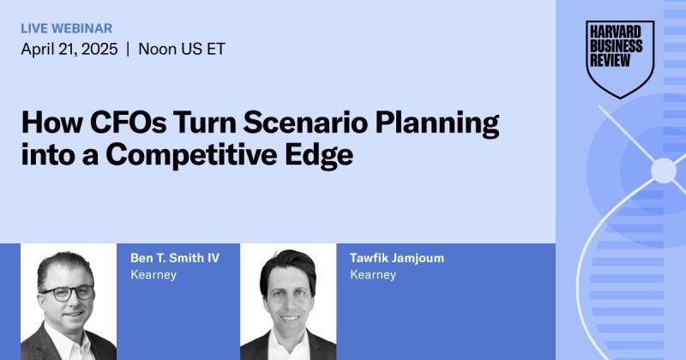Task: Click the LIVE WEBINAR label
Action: (66, 28)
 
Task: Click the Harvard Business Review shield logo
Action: (621, 59)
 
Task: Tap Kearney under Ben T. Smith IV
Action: (153, 275)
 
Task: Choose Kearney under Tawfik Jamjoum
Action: (373, 275)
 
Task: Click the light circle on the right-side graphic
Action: (663, 171)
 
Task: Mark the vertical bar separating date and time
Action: (127, 49)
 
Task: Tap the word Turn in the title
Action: (205, 123)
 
